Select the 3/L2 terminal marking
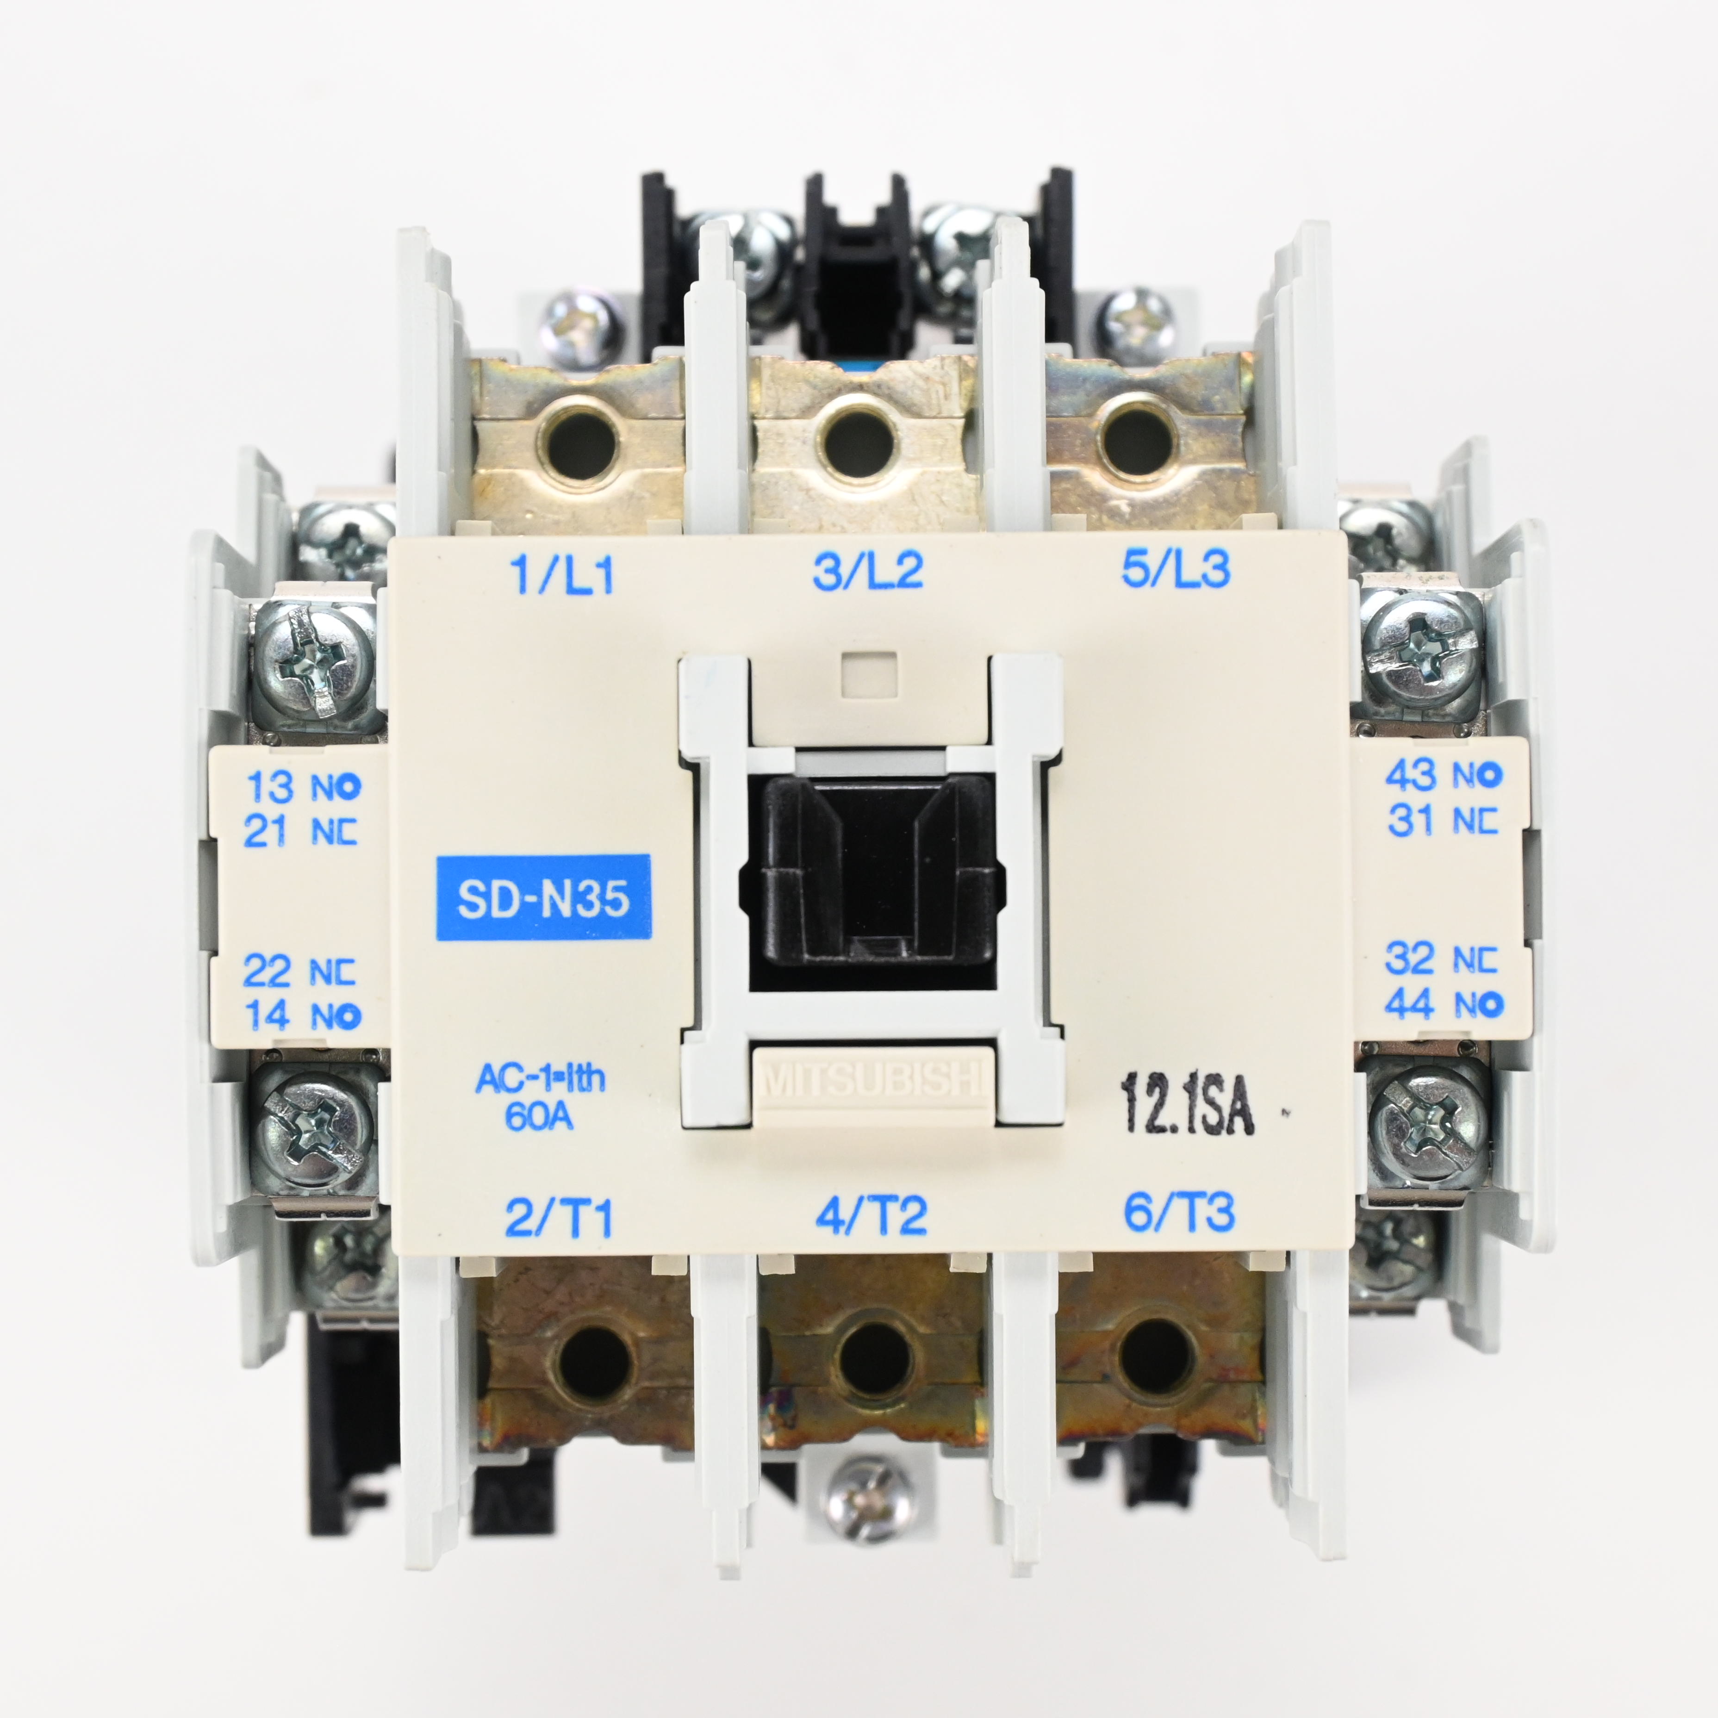click(x=868, y=570)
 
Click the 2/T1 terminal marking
click(x=560, y=1216)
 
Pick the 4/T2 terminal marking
click(x=871, y=1215)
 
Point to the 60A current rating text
click(x=539, y=1116)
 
